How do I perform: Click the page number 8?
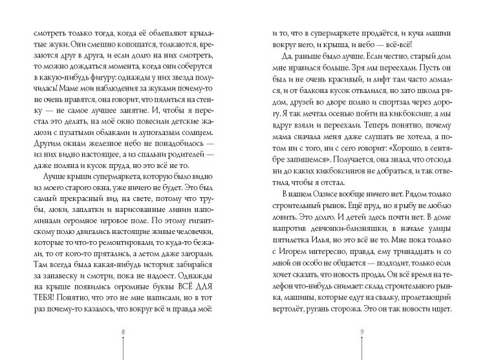pyautogui.click(x=122, y=332)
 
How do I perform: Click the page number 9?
pyautogui.click(x=363, y=332)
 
